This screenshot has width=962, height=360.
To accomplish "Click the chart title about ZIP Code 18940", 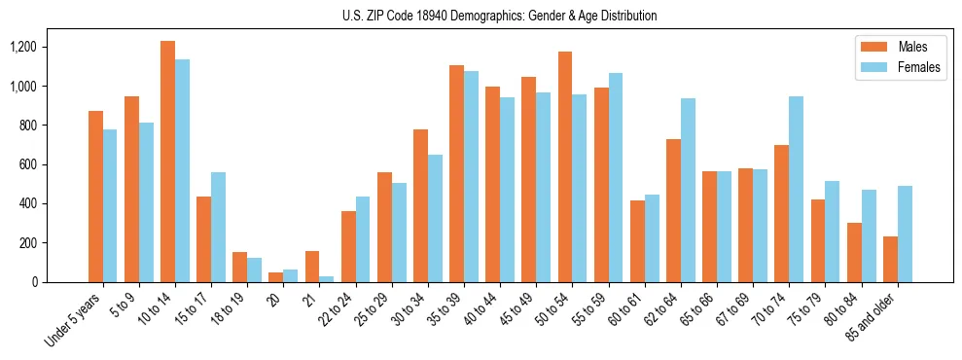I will click(x=499, y=16).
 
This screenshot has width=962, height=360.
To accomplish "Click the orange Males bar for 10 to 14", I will click(x=167, y=162).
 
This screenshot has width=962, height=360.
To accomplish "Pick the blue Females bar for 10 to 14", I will click(x=182, y=170).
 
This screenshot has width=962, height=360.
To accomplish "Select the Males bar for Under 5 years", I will click(x=95, y=197).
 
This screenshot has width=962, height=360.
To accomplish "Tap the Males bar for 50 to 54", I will click(x=565, y=166).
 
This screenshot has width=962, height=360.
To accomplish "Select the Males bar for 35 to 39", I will click(x=456, y=173).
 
